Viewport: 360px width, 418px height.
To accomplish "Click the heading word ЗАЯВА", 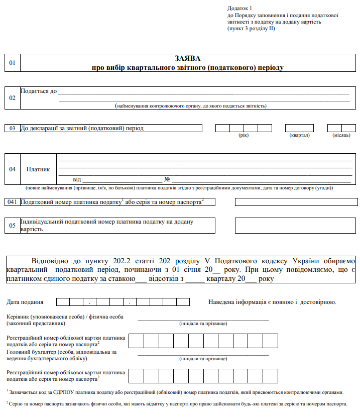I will pyautogui.click(x=188, y=58).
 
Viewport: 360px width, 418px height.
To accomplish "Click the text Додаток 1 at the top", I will pyautogui.click(x=239, y=9).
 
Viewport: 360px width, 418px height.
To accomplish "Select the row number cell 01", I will pyautogui.click(x=13, y=63).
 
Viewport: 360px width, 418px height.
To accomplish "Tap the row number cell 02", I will pyautogui.click(x=13, y=98).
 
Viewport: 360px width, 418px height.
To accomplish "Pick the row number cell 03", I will pyautogui.click(x=13, y=128).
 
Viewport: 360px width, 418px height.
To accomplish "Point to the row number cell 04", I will pyautogui.click(x=13, y=169).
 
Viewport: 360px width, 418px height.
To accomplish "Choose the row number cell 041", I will pyautogui.click(x=13, y=202).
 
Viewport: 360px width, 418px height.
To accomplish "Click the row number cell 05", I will pyautogui.click(x=13, y=226).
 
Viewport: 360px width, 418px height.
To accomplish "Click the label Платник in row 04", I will pyautogui.click(x=38, y=169).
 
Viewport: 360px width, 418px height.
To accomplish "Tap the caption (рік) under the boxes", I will pyautogui.click(x=244, y=135).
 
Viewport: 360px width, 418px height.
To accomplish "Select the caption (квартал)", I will pyautogui.click(x=299, y=135).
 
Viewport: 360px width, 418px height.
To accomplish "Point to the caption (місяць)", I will pyautogui.click(x=341, y=135).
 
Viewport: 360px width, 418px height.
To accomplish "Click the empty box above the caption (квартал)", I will pyautogui.click(x=299, y=128).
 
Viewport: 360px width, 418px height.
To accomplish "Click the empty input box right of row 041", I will pyautogui.click(x=296, y=202).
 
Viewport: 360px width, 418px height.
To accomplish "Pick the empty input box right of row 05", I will pyautogui.click(x=296, y=226).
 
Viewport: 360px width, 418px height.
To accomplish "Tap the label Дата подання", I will pyautogui.click(x=25, y=302).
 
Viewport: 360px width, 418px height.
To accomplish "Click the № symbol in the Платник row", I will pyautogui.click(x=168, y=179).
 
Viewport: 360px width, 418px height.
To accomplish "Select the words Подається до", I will pyautogui.click(x=39, y=91).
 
